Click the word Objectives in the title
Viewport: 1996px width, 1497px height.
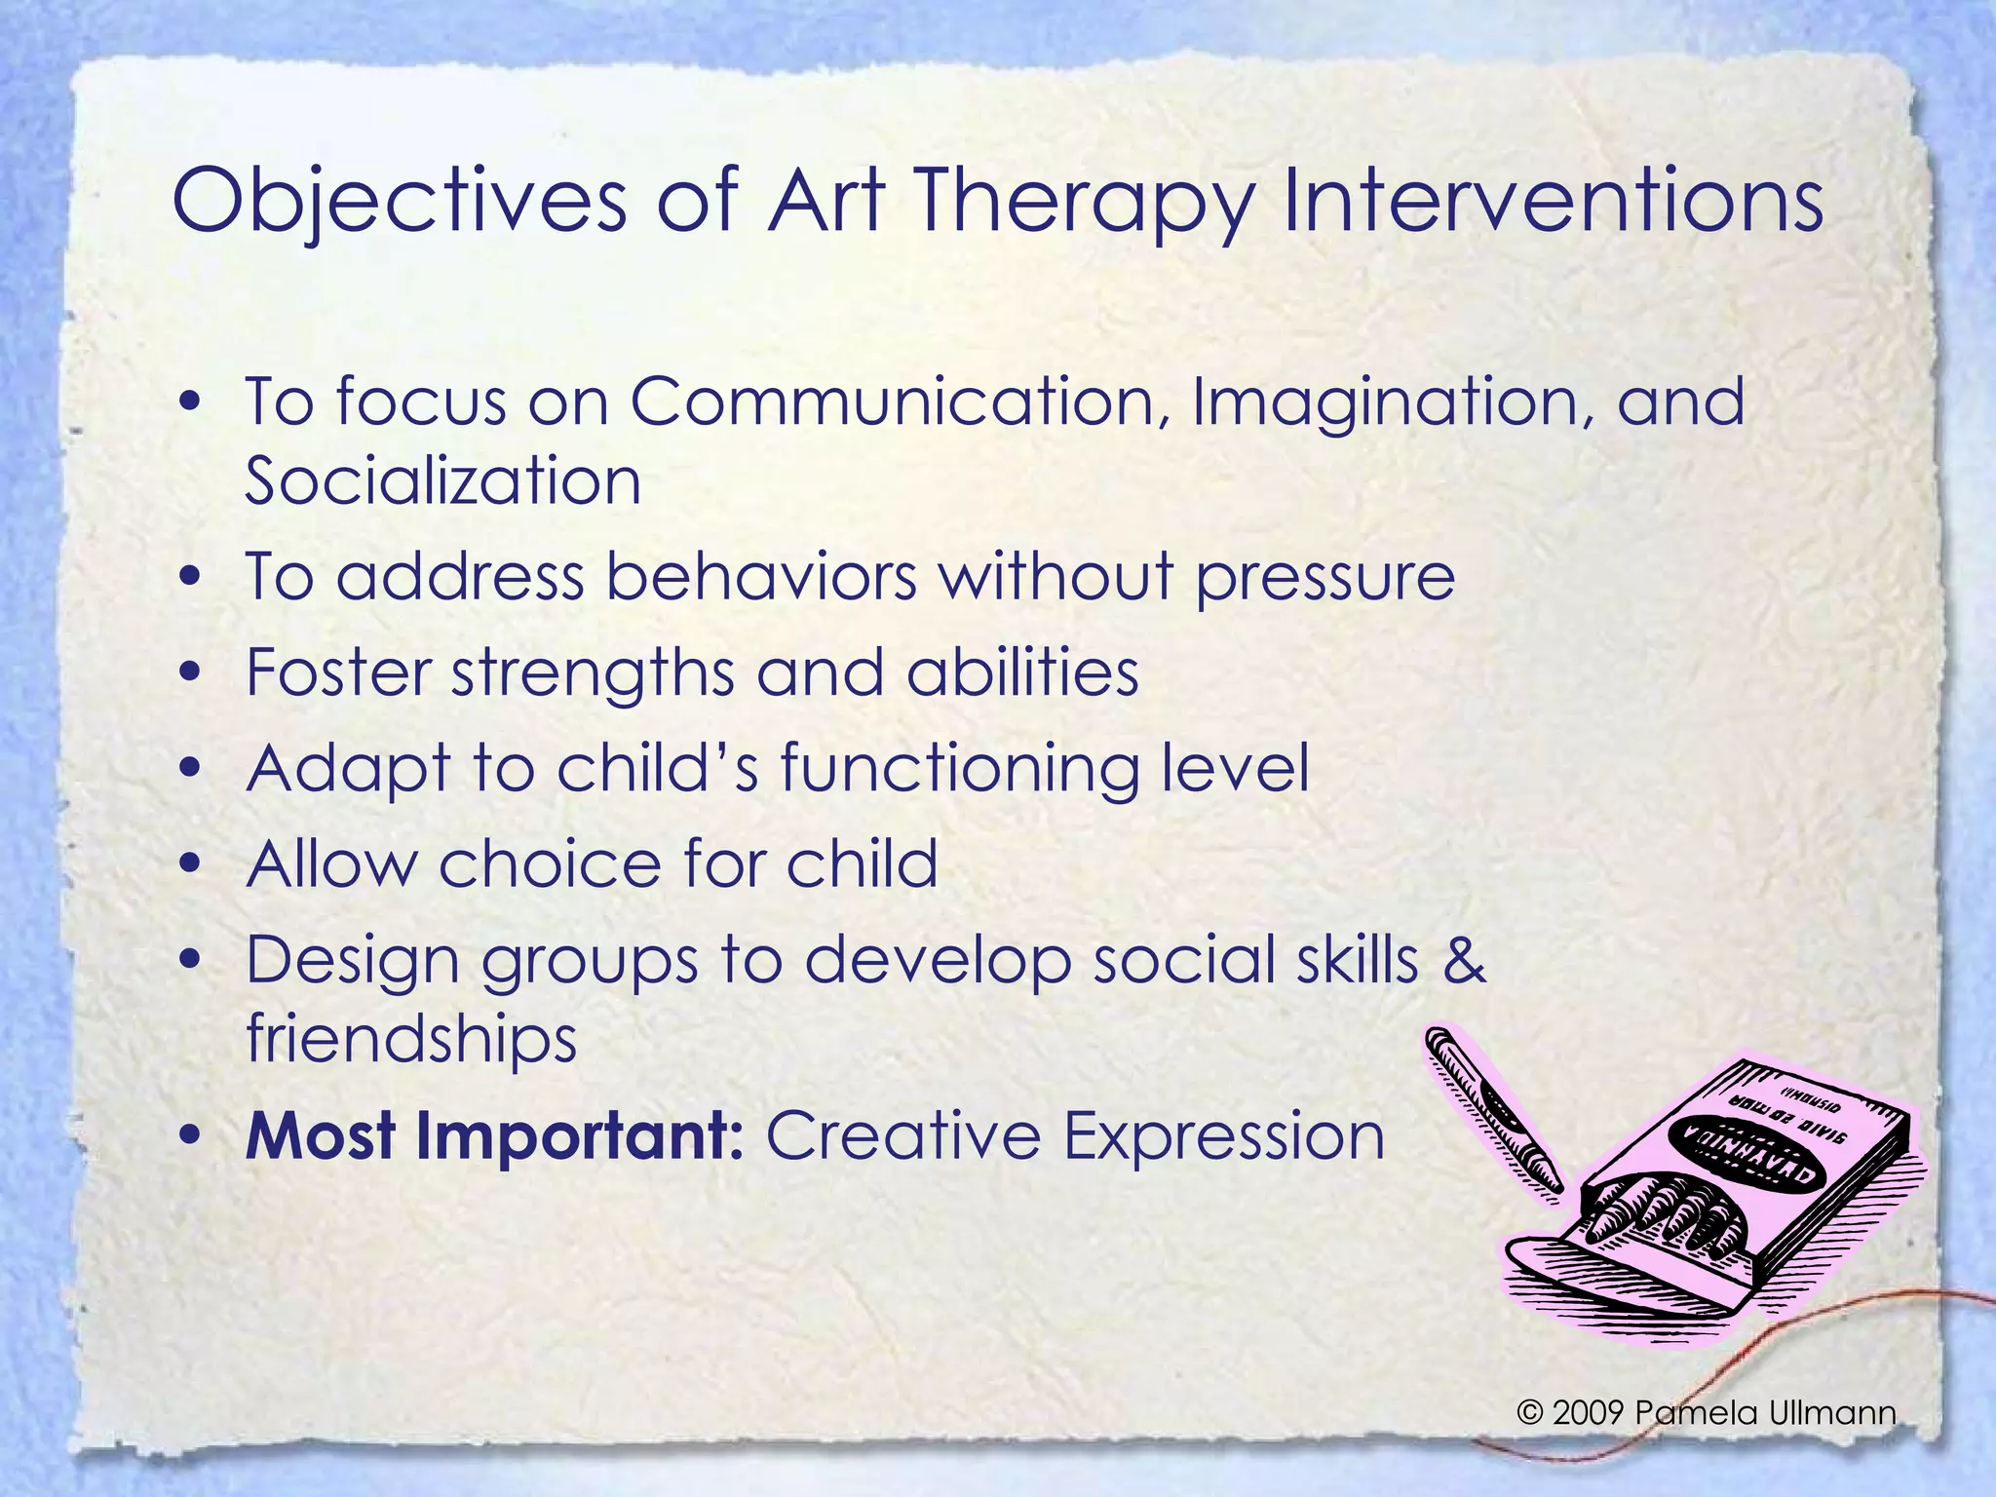coord(400,201)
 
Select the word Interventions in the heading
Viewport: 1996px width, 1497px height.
coord(1553,201)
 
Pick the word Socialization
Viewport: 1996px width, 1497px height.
coord(442,480)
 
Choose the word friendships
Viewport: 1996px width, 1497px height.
coord(411,1039)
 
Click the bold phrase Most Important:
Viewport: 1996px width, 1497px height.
coord(495,1135)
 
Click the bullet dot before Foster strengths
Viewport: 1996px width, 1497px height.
coord(191,673)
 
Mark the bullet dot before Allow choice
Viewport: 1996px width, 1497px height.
coord(191,864)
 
